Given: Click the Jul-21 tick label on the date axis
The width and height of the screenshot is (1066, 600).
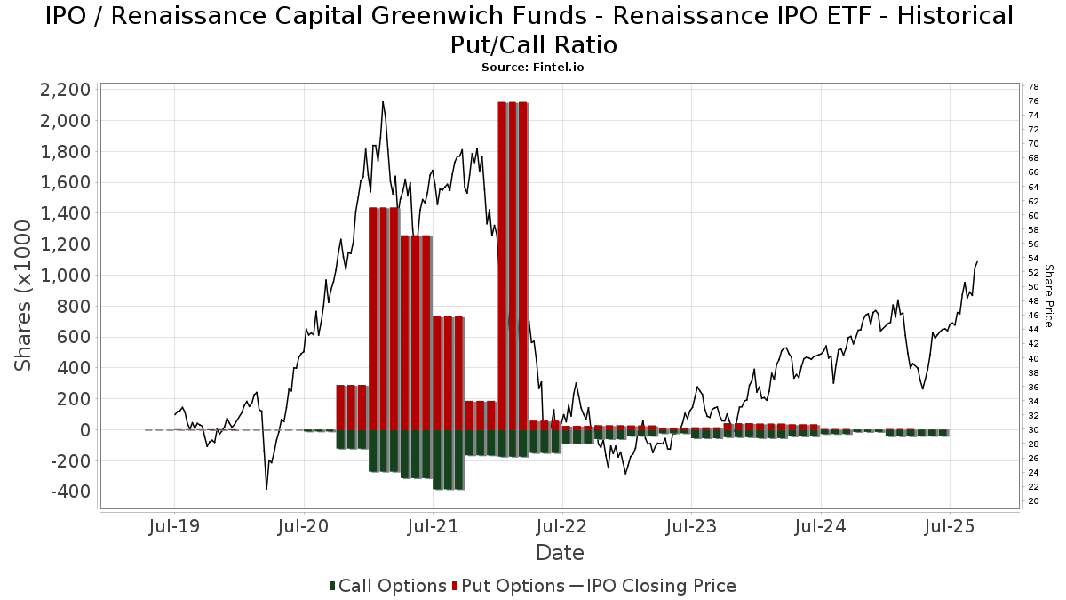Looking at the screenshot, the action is point(434,526).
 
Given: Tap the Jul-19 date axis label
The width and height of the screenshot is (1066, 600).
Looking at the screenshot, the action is point(174,526).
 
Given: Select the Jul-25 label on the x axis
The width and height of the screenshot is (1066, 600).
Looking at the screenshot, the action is point(950,526).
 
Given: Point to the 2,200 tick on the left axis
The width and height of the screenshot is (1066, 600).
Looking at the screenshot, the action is point(65,90).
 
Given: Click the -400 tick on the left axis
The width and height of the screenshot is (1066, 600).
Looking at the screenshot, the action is point(70,492).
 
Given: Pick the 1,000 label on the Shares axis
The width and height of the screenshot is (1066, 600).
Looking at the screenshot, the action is point(65,276).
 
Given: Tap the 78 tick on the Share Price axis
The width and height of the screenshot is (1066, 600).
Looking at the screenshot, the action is point(1033,87).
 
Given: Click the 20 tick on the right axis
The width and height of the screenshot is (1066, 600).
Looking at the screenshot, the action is point(1033,501).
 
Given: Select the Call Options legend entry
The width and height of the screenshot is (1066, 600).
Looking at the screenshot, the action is point(388,586).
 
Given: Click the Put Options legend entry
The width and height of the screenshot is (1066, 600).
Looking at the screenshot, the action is point(508,586).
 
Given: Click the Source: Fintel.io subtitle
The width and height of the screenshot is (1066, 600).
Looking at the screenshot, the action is point(532,68).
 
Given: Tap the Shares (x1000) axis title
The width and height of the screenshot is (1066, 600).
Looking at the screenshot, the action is point(23,296).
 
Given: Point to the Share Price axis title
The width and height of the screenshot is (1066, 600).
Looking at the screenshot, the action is point(1048,296).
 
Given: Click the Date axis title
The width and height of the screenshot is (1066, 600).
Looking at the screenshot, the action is point(560,553).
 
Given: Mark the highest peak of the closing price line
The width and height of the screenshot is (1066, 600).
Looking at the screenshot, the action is point(383,101).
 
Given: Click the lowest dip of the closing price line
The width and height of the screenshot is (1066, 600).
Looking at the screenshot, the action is point(266,489).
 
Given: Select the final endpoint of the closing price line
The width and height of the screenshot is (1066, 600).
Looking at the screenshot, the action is point(977,261).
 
